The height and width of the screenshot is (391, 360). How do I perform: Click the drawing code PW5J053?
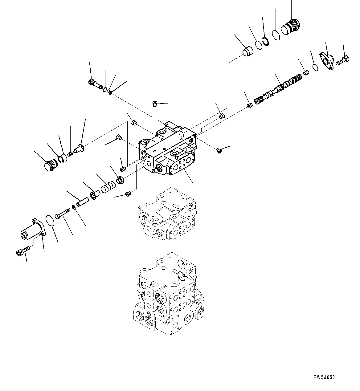pyautogui.click(x=324, y=377)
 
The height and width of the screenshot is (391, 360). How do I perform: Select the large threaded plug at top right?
pyautogui.click(x=291, y=28)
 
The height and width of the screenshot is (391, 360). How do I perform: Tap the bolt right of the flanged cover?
pyautogui.click(x=342, y=60)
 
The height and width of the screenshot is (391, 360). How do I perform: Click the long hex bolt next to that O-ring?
pyautogui.click(x=63, y=213)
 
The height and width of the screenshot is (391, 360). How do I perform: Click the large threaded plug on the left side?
pyautogui.click(x=49, y=165)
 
